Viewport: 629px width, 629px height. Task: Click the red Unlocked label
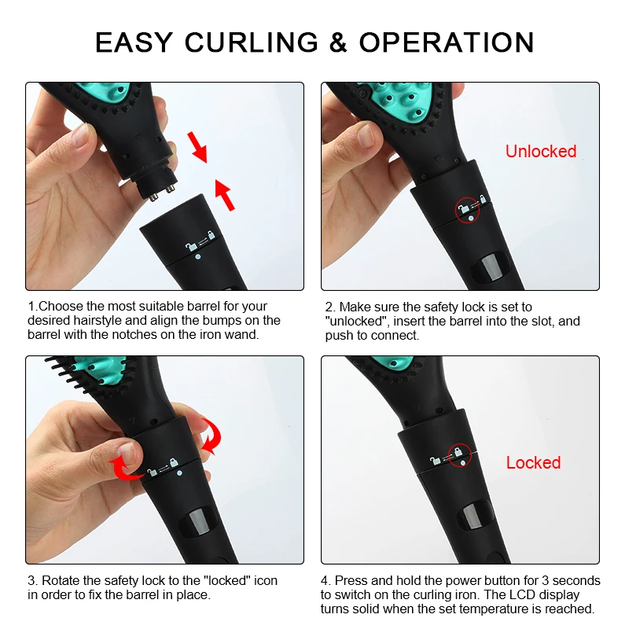point(540,151)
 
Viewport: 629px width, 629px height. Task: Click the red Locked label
point(533,462)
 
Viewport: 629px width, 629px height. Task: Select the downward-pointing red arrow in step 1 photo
point(197,145)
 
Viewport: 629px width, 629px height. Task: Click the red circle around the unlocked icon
point(469,209)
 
